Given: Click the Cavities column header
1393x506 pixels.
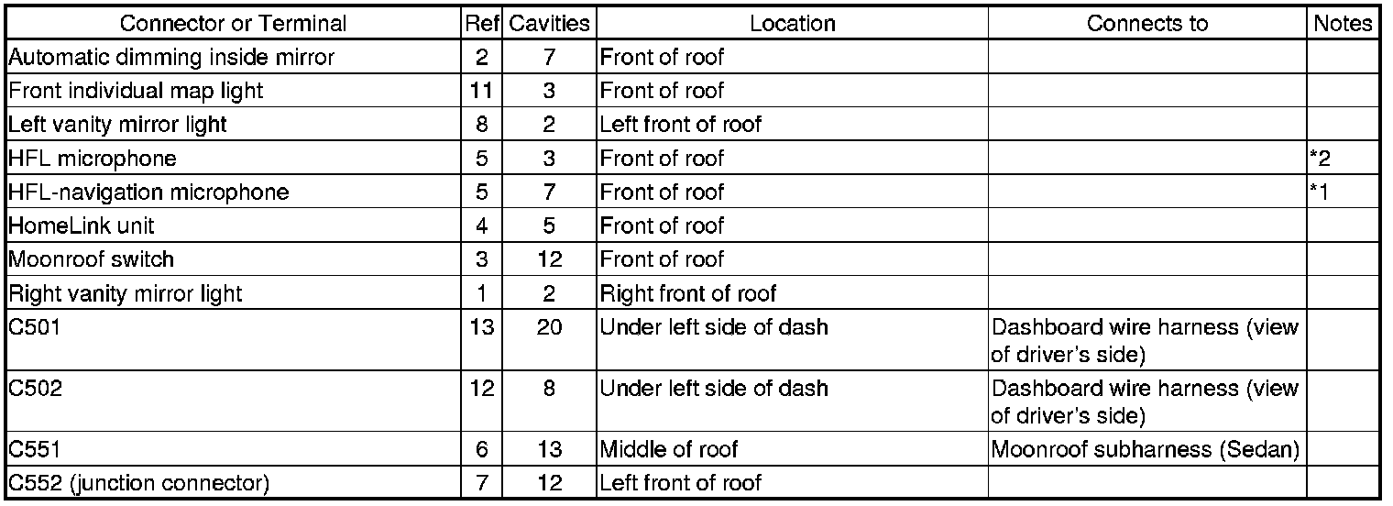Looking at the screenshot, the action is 550,24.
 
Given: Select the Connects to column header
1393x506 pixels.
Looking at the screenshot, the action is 1147,24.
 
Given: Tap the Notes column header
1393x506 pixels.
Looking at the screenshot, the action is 1344,24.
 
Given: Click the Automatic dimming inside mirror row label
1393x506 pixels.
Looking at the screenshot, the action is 171,58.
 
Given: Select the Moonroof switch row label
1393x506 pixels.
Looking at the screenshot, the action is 92,259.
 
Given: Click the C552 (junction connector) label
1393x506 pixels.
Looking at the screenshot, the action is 138,483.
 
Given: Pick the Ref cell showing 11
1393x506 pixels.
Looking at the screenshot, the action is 482,91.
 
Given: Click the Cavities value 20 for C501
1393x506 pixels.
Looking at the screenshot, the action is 550,327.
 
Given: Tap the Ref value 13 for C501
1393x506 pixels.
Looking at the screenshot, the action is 482,327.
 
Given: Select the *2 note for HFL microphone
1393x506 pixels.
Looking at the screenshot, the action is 1321,159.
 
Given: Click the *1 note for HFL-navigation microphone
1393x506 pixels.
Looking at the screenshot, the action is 1321,192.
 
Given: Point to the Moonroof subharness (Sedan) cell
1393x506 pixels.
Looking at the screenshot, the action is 1146,450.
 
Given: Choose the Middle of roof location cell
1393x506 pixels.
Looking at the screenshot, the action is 669,450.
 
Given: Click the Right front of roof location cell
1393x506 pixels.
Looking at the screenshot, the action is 687,293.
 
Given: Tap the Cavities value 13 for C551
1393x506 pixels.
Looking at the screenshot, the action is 550,450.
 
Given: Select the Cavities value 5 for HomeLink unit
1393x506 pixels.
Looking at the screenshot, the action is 550,225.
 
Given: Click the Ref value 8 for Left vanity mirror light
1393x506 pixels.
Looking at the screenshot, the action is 482,125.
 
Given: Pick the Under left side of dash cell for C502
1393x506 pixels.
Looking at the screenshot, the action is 714,388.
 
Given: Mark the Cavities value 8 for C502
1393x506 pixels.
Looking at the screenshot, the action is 550,388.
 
